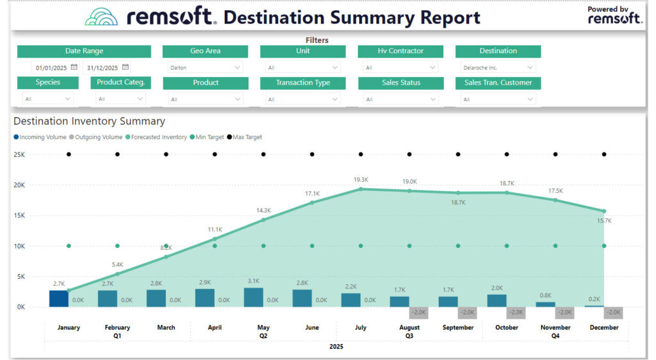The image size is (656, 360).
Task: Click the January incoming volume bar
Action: pyautogui.click(x=59, y=299)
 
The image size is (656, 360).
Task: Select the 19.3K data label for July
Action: pyautogui.click(x=361, y=179)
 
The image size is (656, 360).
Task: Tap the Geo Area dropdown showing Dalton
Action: pyautogui.click(x=205, y=67)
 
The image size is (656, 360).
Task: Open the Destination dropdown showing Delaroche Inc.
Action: pyautogui.click(x=498, y=67)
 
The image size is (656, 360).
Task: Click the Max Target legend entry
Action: pyautogui.click(x=247, y=137)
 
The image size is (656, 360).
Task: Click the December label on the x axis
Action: pyautogui.click(x=603, y=327)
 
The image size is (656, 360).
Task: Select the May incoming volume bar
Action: pyautogui.click(x=254, y=297)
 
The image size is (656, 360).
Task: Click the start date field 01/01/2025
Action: pyautogui.click(x=51, y=67)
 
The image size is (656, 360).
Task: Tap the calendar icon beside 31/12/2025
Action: pyautogui.click(x=126, y=67)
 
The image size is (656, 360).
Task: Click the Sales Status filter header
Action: pyautogui.click(x=400, y=83)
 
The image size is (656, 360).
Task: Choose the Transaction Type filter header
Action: pyautogui.click(x=302, y=83)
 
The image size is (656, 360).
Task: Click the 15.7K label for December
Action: pyautogui.click(x=604, y=220)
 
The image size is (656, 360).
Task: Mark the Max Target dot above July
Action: pyautogui.click(x=361, y=154)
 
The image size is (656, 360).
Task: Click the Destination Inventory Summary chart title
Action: pyautogui.click(x=89, y=121)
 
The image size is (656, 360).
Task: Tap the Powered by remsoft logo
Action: pyautogui.click(x=614, y=15)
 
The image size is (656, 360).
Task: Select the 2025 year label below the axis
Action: pyautogui.click(x=336, y=347)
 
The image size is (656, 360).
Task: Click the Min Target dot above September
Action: pyautogui.click(x=458, y=246)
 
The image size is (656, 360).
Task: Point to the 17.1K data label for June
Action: pyautogui.click(x=312, y=193)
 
